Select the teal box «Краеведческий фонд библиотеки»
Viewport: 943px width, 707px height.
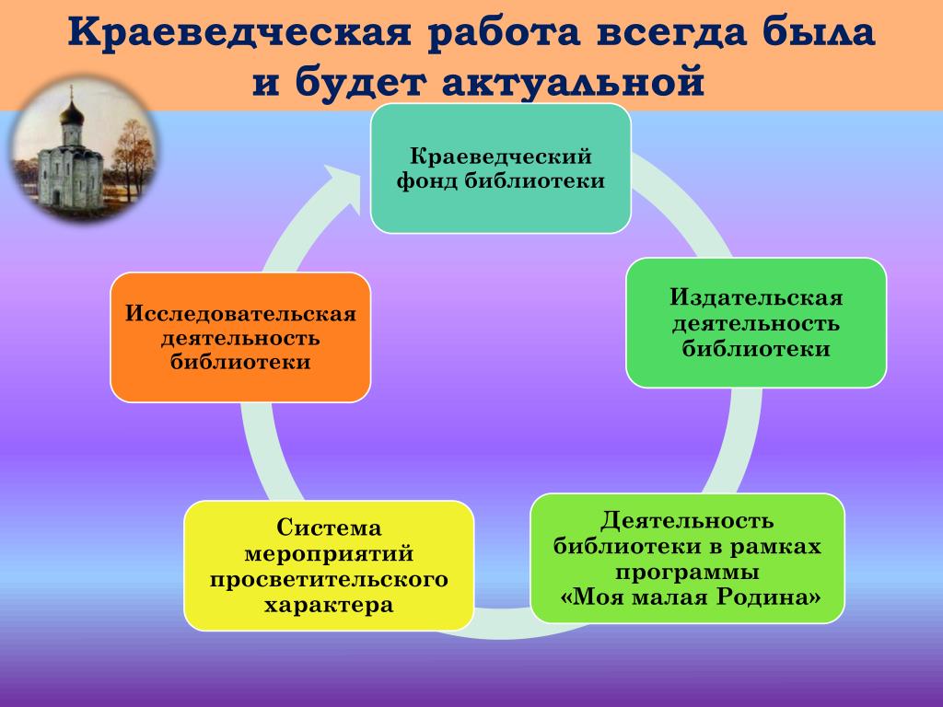tap(500, 168)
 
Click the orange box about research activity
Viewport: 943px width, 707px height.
tap(240, 337)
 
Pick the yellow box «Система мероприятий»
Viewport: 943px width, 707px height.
tap(329, 565)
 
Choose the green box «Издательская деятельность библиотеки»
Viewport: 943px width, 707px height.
tap(756, 323)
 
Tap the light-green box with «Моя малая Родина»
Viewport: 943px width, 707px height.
tap(687, 559)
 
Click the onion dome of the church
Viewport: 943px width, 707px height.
tap(72, 113)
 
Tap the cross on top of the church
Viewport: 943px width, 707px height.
tap(72, 93)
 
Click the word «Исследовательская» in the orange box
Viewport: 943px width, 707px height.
tap(240, 313)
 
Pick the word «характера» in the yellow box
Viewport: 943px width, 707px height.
tap(329, 604)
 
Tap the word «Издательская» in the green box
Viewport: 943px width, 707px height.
tap(756, 297)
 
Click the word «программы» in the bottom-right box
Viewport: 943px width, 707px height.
tap(687, 572)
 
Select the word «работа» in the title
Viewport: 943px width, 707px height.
tap(504, 34)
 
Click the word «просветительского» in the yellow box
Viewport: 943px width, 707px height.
tap(329, 579)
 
